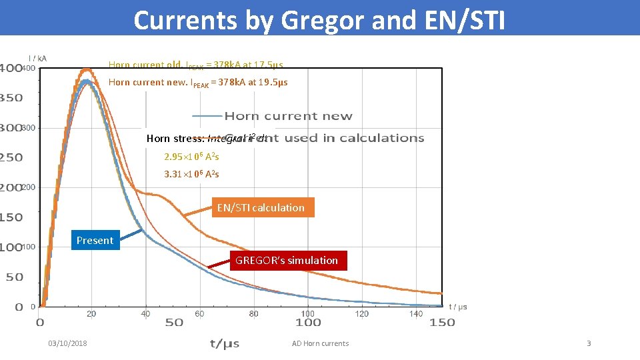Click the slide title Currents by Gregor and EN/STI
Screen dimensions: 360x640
[319, 20]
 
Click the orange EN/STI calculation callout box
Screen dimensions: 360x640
[261, 207]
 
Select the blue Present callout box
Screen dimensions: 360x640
[95, 240]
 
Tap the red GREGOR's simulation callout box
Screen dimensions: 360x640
[287, 260]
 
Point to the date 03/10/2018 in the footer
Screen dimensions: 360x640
[67, 343]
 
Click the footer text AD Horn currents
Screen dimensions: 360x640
[320, 343]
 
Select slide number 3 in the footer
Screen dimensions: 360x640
[589, 343]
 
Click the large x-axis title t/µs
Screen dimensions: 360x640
[225, 343]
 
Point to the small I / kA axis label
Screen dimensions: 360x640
[37, 59]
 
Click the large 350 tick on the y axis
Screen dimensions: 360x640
[11, 97]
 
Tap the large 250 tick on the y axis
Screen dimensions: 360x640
[11, 157]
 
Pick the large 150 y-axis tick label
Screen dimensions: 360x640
[11, 217]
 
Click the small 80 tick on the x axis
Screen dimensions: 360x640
[254, 313]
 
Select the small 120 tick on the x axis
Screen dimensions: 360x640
[362, 313]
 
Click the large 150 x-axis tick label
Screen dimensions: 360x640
[442, 323]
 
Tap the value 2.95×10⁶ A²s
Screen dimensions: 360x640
[191, 157]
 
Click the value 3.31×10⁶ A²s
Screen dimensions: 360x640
[191, 174]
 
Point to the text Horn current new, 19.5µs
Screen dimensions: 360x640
[198, 83]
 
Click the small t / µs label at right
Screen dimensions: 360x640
[458, 307]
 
